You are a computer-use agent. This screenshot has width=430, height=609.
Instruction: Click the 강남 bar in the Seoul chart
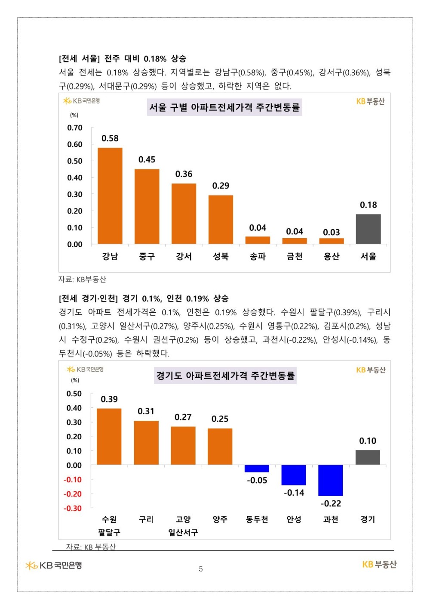pos(110,196)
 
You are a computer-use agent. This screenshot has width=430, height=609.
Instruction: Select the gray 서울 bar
pos(368,229)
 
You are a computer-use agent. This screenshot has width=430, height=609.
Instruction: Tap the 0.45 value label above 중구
pos(147,160)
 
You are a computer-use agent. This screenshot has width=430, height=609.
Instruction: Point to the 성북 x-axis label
pos(221,257)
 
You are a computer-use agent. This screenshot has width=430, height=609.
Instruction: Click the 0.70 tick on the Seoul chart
pos(75,128)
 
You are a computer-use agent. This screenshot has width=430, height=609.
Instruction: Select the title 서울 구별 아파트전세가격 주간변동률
pos(224,107)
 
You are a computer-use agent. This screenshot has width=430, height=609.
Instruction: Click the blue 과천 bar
pos(331,480)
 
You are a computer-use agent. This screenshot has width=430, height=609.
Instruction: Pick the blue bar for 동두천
pos(257,469)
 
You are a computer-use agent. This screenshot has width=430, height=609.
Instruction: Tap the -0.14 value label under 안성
pos(294,493)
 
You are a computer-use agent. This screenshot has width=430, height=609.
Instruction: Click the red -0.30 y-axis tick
pos(73,509)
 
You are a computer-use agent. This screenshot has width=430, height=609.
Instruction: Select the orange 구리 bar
pos(146,443)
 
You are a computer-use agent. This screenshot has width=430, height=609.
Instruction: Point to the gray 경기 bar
pos(368,457)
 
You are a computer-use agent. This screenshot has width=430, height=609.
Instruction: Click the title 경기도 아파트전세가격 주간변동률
pos(225,376)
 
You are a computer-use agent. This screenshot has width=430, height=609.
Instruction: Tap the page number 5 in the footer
pos(201,569)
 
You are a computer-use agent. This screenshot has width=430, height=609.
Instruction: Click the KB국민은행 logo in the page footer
pos(54,565)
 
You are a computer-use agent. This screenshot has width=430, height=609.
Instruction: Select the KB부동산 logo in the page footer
pos(379,565)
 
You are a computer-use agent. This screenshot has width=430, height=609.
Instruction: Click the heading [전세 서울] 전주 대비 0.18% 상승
pos(123,59)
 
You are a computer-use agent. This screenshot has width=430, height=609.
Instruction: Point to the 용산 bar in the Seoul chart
pos(332,241)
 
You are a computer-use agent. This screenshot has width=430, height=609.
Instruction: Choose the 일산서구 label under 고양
pos(183,533)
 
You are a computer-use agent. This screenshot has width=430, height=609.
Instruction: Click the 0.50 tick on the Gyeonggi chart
pos(74,394)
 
